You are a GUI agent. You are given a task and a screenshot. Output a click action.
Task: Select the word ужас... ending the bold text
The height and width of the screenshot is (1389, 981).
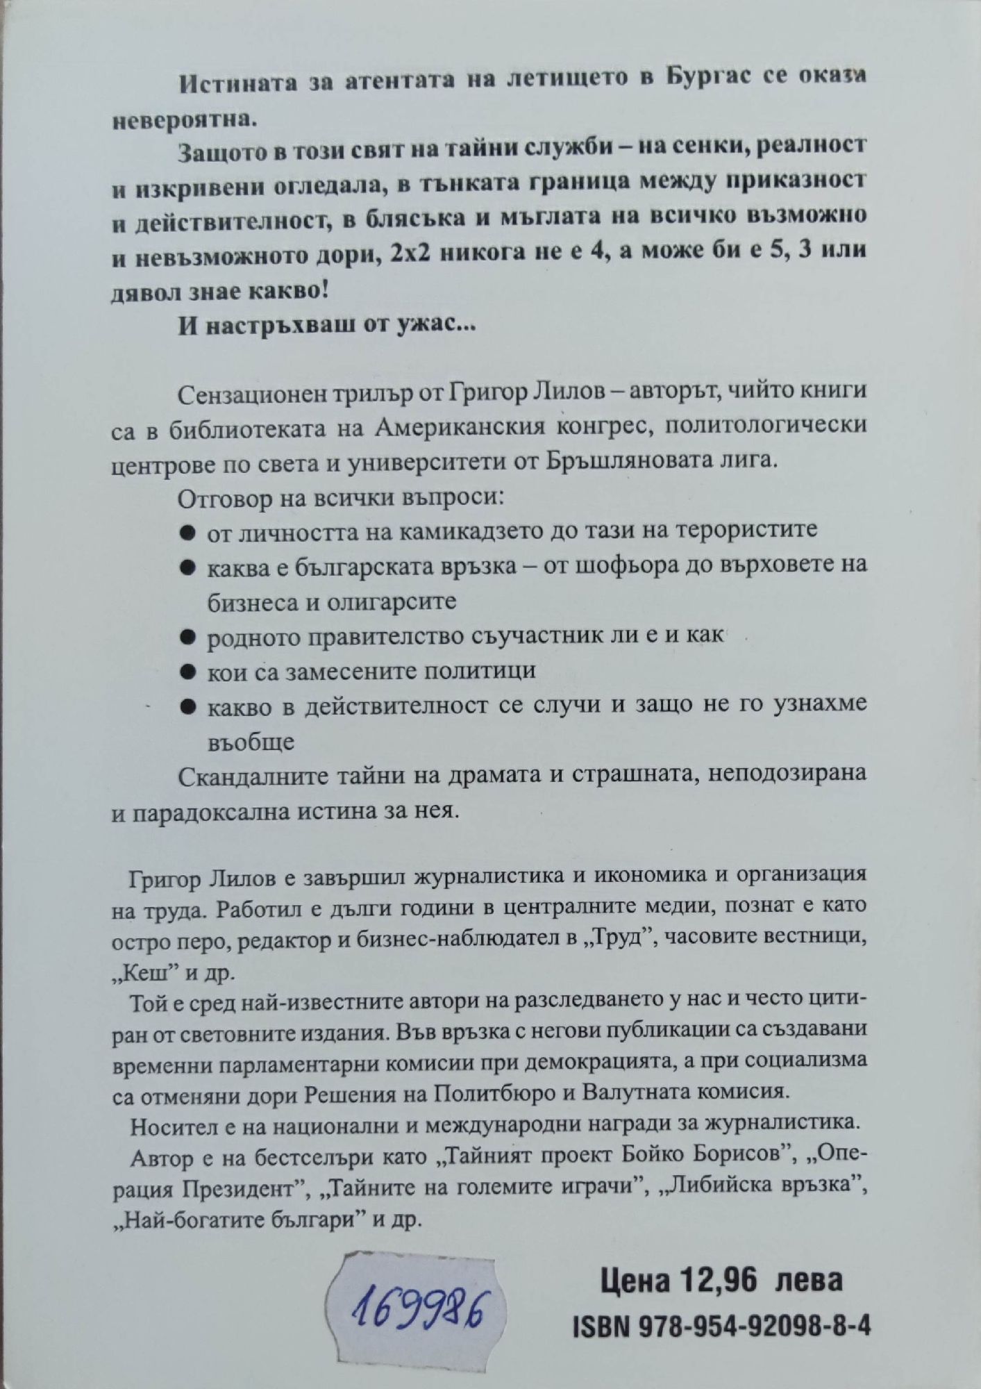coord(437,328)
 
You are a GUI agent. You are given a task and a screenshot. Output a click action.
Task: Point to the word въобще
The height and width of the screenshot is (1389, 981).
coord(251,743)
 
